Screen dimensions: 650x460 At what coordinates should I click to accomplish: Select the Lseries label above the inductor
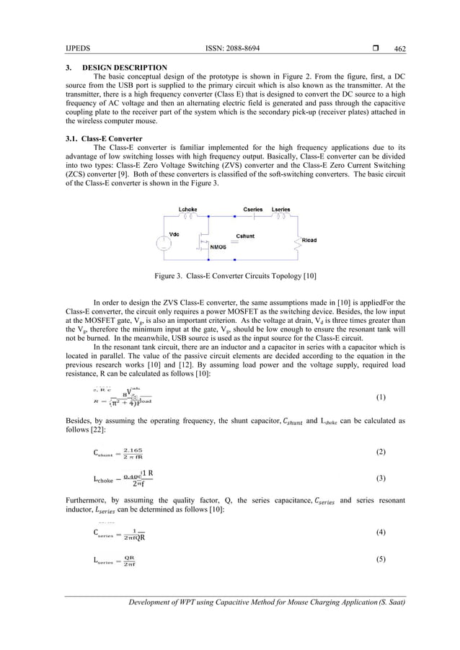point(281,209)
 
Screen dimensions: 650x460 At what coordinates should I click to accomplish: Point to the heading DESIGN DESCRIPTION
point(124,67)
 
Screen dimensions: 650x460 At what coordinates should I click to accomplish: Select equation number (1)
point(381,397)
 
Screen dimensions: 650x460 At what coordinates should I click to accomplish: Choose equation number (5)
point(381,559)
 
